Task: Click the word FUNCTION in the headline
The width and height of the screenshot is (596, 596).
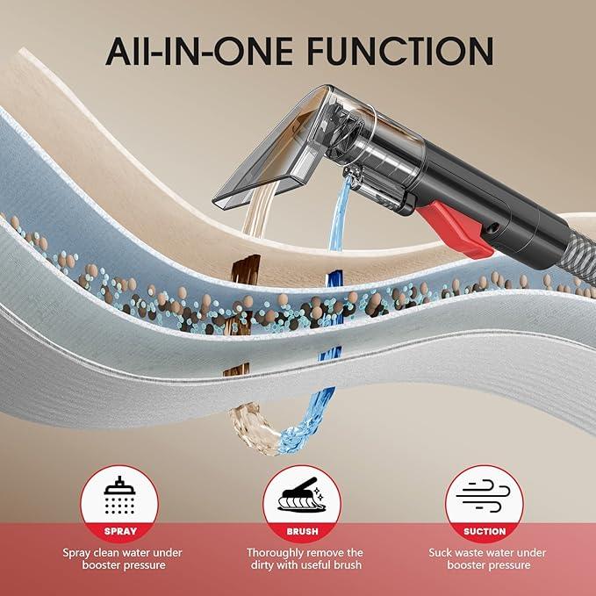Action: coord(400,51)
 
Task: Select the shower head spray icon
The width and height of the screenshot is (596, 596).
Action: coord(119,496)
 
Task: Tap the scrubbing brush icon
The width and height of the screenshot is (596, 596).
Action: coord(301,494)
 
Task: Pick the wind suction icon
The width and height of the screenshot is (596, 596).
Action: coord(484,496)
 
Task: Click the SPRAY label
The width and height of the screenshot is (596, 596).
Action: coord(120,531)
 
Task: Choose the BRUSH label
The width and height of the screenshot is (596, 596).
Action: coord(302,531)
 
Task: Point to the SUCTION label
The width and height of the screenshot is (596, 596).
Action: coord(485,531)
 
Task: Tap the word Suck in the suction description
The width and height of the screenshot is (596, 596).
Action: coord(441,553)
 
